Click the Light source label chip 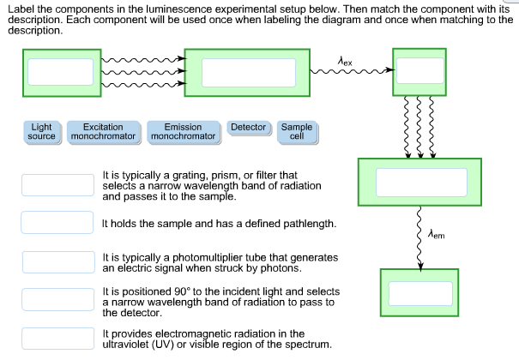pos(41,131)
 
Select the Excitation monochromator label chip pos(103,131)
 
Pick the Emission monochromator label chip pos(183,131)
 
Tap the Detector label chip pos(249,127)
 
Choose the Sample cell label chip pos(297,131)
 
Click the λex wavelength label pos(345,61)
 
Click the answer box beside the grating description pos(57,185)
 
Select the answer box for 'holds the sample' pos(57,223)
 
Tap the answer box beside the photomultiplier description pos(57,261)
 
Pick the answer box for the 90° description pos(57,299)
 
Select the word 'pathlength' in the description pos(303,223)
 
